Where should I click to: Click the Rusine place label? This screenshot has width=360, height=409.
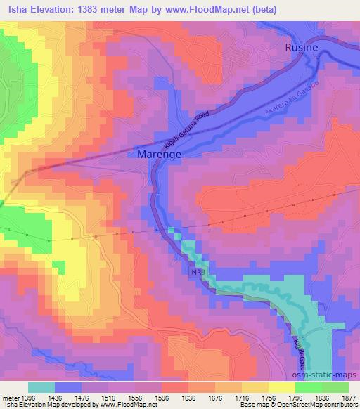click(301, 47)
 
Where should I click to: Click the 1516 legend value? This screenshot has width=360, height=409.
click(90, 397)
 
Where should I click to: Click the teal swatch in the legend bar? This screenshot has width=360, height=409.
click(41, 387)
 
